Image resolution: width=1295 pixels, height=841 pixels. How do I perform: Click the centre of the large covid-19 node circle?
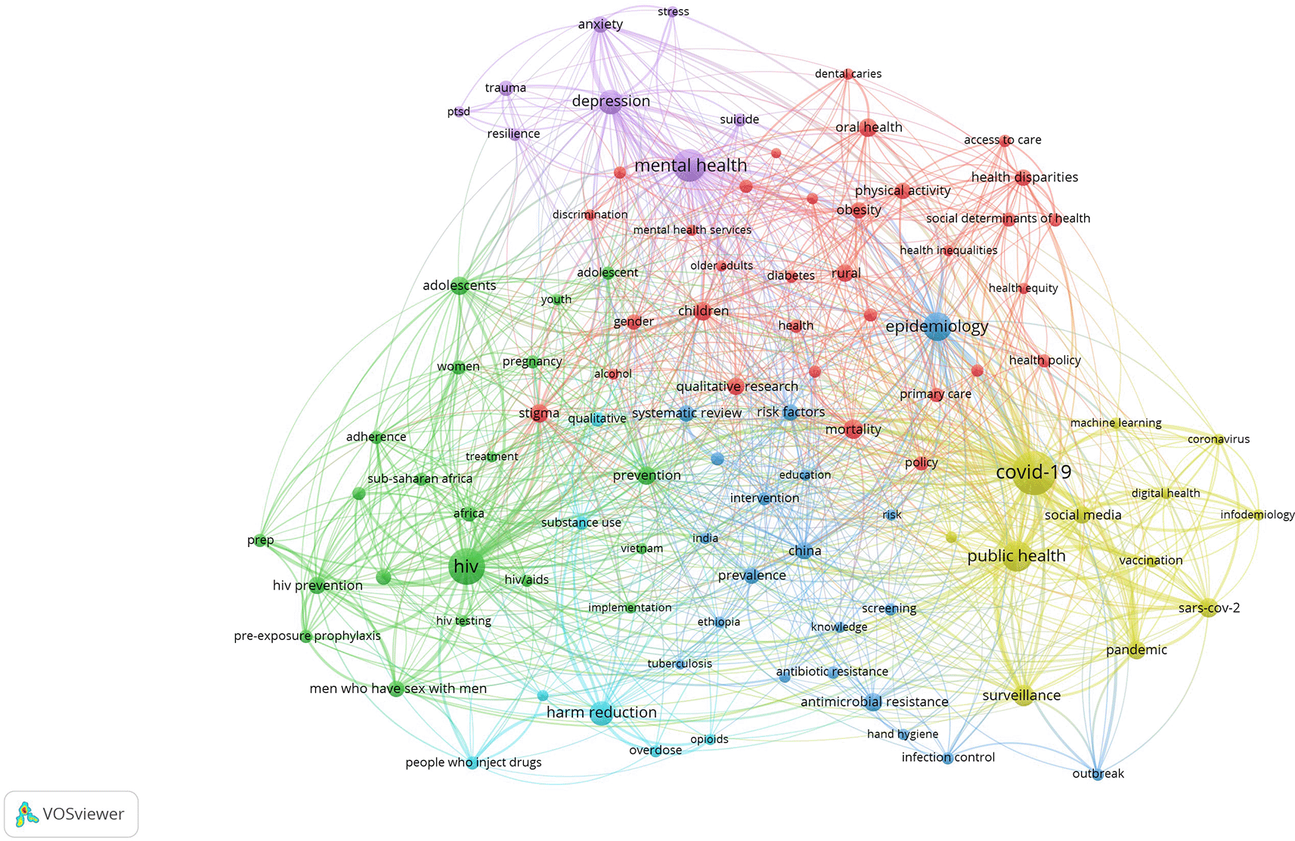pyautogui.click(x=1033, y=474)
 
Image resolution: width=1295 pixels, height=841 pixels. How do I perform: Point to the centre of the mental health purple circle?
pyautogui.click(x=689, y=165)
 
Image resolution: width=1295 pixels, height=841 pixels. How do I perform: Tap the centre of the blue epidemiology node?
pyautogui.click(x=937, y=327)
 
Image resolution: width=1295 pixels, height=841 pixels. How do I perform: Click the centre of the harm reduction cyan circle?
pyautogui.click(x=601, y=713)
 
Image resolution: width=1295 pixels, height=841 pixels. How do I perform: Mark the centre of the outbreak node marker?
pyautogui.click(x=1098, y=775)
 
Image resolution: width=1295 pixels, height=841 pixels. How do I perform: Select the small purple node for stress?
pyautogui.click(x=672, y=12)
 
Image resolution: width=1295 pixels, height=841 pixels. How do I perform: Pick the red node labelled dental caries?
pyautogui.click(x=848, y=74)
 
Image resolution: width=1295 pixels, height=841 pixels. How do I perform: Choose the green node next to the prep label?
pyautogui.click(x=262, y=540)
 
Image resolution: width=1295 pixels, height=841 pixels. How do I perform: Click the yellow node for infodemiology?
pyautogui.click(x=1259, y=515)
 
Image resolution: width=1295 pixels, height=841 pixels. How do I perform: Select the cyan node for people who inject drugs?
pyautogui.click(x=472, y=763)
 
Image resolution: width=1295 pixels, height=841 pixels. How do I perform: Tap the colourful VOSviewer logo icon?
pyautogui.click(x=26, y=814)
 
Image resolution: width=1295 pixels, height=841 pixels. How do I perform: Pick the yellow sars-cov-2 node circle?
pyautogui.click(x=1208, y=608)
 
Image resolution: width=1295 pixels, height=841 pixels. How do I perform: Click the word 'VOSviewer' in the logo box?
pyautogui.click(x=84, y=814)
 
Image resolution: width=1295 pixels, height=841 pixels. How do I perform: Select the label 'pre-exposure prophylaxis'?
pyautogui.click(x=308, y=635)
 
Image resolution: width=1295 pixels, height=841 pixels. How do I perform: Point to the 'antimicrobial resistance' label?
pyautogui.click(x=875, y=702)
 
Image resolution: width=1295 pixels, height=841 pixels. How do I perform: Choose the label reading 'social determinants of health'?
pyautogui.click(x=1008, y=218)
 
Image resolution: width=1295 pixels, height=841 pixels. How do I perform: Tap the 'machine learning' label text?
pyautogui.click(x=1116, y=423)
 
